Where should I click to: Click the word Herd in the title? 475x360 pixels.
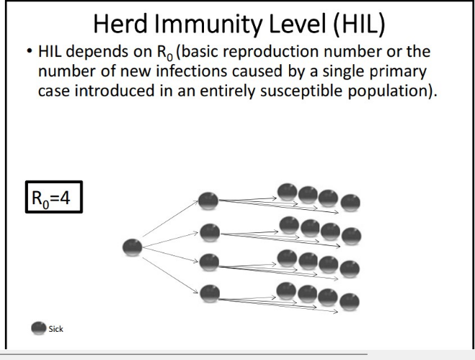[x=120, y=24]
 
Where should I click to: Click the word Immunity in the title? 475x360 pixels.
[x=208, y=25]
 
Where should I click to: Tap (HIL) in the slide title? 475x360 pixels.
[x=359, y=25]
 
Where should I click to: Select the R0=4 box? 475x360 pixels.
[x=54, y=197]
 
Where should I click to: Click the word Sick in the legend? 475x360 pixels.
[x=56, y=329]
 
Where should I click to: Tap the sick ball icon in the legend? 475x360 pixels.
[x=38, y=328]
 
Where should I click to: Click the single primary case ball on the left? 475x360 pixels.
[x=133, y=247]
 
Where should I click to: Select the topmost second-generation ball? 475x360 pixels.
[x=208, y=201]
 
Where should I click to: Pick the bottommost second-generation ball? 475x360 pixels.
[x=210, y=294]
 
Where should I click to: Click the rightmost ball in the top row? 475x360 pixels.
[x=350, y=203]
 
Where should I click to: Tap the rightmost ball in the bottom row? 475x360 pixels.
[x=350, y=302]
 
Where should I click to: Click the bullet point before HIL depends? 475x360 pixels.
[x=29, y=51]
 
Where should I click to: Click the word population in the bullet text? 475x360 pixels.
[x=389, y=92]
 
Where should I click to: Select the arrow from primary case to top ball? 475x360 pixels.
[x=170, y=219]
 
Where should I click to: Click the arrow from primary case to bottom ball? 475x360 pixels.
[x=170, y=276]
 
